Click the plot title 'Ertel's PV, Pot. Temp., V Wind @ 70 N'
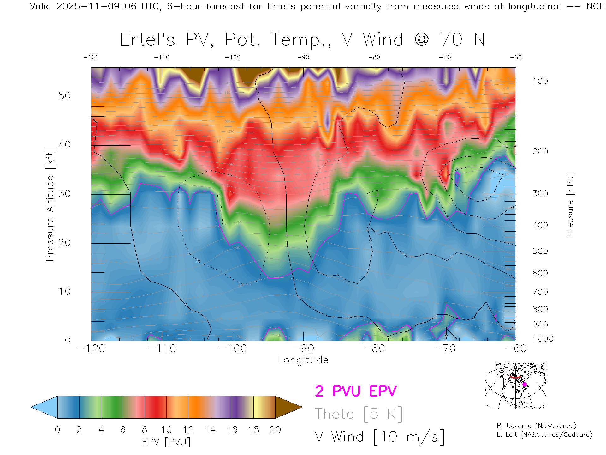pos(302,40)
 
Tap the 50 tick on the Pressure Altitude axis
pos(64,96)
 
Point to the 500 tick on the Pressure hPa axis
pos(540,251)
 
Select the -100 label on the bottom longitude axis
pos(232,349)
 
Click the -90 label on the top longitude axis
pos(303,58)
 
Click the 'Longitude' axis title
pos(303,360)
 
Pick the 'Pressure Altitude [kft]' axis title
pos(50,204)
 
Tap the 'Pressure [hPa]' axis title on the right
pos(570,204)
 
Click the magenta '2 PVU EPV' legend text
pos(356,391)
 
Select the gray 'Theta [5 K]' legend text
pos(359,414)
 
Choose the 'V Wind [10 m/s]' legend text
pos(379,437)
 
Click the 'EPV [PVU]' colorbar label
pos(166,442)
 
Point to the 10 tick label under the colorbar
pos(166,430)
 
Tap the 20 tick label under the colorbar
pos(275,430)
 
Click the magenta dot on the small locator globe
pos(525,385)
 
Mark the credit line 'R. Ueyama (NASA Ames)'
pos(536,426)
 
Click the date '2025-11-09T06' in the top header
pos(96,6)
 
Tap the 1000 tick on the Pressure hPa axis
pos(543,339)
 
